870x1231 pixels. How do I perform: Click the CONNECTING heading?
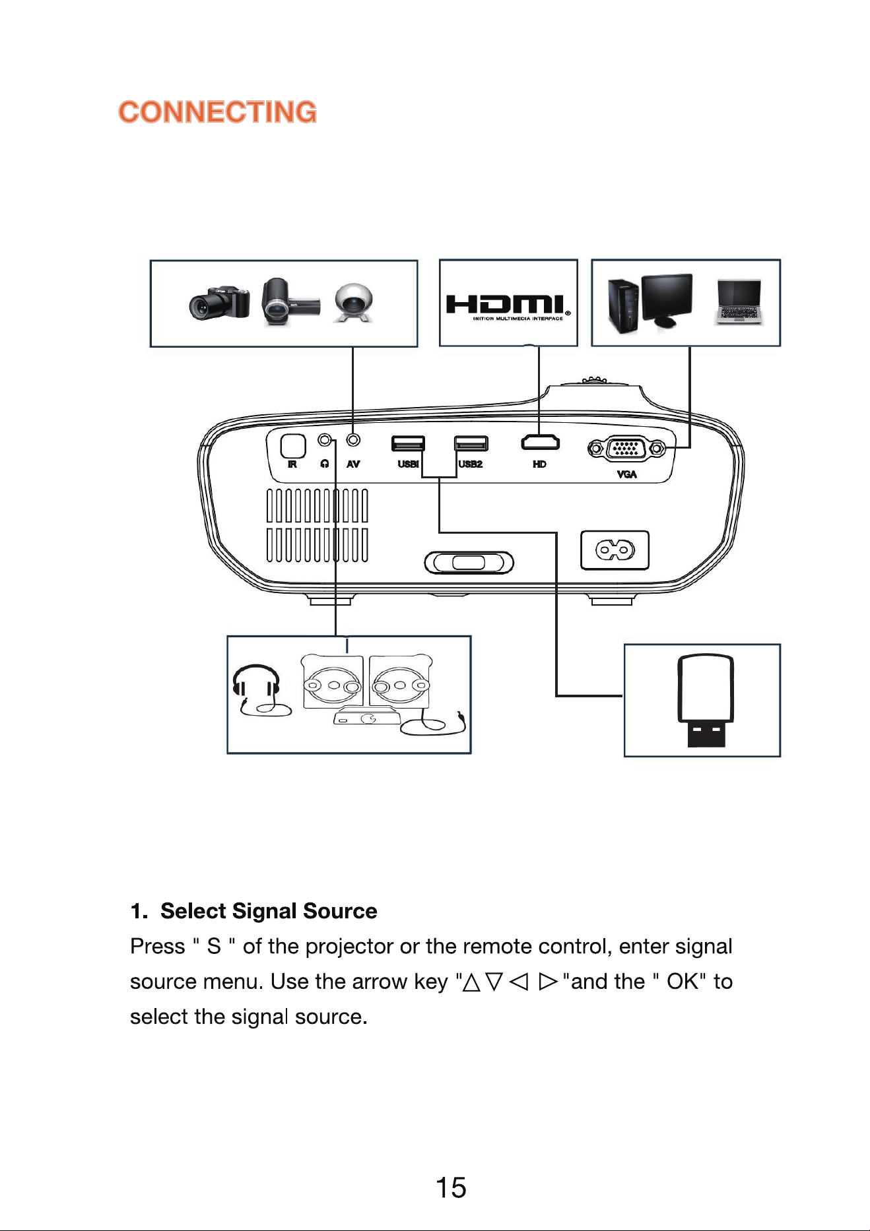pyautogui.click(x=217, y=112)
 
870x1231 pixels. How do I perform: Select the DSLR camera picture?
pyautogui.click(x=220, y=304)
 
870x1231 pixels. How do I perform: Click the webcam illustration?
pyautogui.click(x=354, y=302)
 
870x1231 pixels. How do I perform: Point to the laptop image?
pyautogui.click(x=739, y=302)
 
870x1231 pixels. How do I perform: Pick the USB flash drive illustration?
pyautogui.click(x=705, y=701)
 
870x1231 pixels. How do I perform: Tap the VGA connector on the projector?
pyautogui.click(x=626, y=449)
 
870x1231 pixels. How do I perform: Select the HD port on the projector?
pyautogui.click(x=540, y=442)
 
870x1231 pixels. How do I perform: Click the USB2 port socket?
pyautogui.click(x=471, y=443)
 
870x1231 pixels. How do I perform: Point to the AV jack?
pyautogui.click(x=354, y=439)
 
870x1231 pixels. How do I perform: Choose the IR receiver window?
pyautogui.click(x=293, y=445)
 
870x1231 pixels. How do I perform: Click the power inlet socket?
pyautogui.click(x=615, y=550)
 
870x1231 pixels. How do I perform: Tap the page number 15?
pyautogui.click(x=451, y=1187)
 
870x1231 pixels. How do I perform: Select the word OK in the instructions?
pyautogui.click(x=682, y=982)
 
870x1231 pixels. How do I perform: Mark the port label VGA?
pyautogui.click(x=626, y=474)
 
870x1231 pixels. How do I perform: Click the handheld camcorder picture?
pyautogui.click(x=290, y=302)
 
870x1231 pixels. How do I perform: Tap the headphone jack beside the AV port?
pyautogui.click(x=325, y=439)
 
